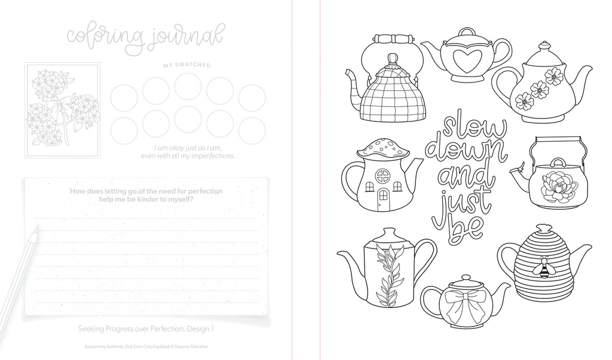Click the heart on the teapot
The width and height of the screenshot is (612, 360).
tap(465, 61)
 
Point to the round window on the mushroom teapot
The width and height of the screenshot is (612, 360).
tap(383, 176)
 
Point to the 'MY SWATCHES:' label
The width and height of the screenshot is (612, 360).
tap(188, 66)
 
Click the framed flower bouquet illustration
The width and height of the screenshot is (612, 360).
tap(62, 111)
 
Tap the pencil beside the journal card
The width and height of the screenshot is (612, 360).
tap(17, 273)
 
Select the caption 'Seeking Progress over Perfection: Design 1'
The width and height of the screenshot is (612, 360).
tap(146, 329)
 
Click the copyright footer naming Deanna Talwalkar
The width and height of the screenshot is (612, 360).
tap(146, 346)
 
